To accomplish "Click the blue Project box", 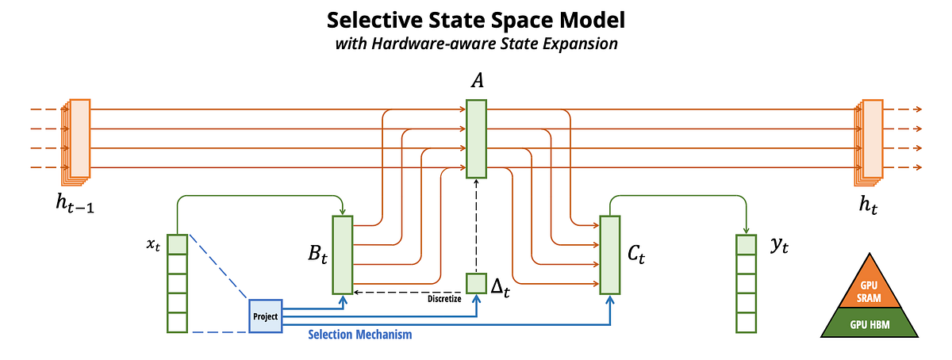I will tap(266, 316).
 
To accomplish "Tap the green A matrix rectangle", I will tap(476, 139).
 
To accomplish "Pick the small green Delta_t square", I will tap(476, 283).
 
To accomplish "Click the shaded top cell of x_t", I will tap(177, 244).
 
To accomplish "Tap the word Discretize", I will tap(443, 298).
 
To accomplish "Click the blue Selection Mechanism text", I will tap(359, 335).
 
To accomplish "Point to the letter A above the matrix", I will tap(476, 82).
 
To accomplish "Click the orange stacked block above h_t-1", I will tap(79, 139).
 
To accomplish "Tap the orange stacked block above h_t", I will tap(870, 139).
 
